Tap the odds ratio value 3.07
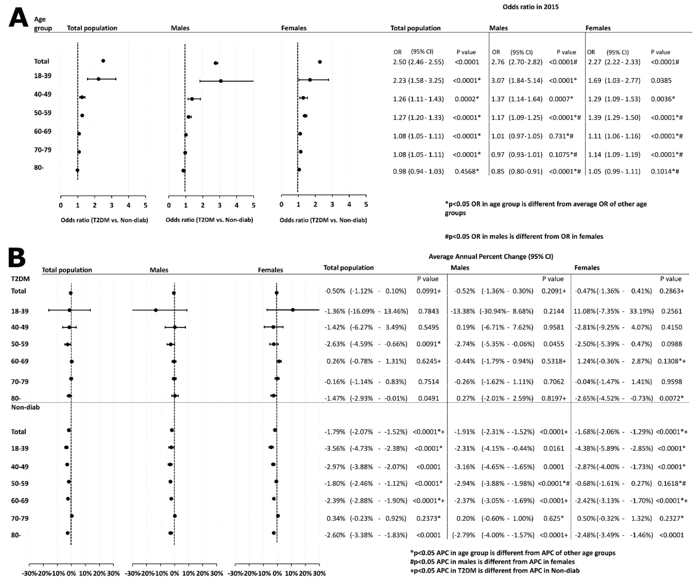click(498, 80)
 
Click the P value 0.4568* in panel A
click(467, 172)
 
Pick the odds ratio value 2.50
click(399, 62)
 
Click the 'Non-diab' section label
click(25, 407)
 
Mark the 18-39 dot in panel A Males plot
click(221, 81)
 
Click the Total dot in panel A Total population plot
click(103, 61)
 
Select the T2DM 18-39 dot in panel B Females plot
click(293, 310)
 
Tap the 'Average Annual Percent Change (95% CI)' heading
click(491, 257)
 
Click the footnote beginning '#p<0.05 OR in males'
click(524, 236)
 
